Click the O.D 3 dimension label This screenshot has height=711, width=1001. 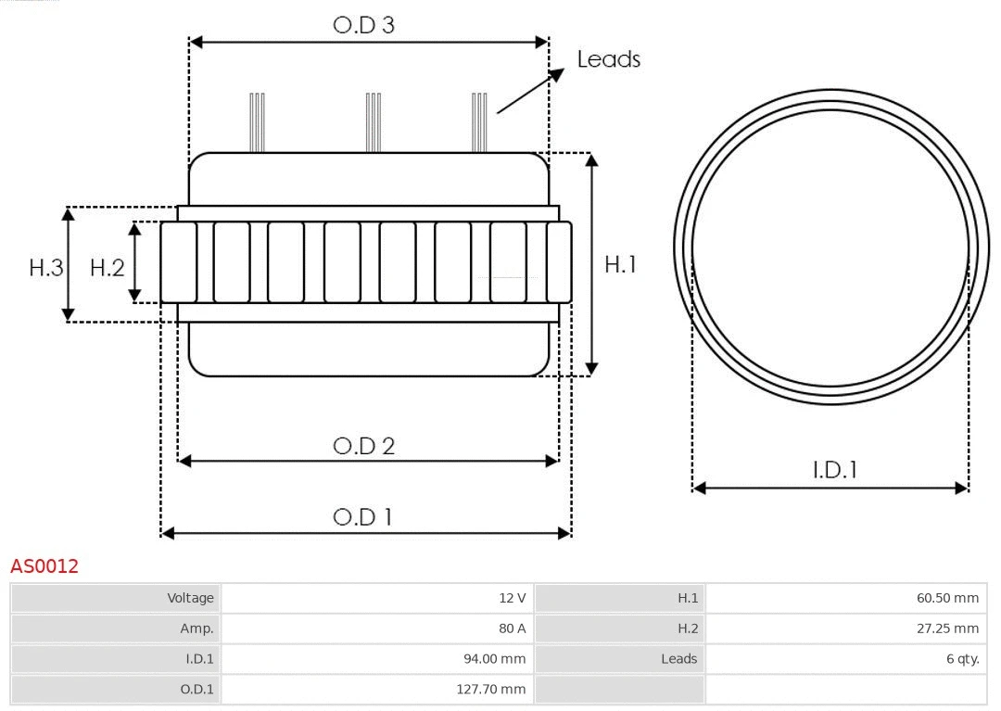(363, 25)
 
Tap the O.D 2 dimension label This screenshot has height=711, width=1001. (363, 446)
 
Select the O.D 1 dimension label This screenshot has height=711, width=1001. (362, 516)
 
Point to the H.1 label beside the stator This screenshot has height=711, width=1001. (620, 264)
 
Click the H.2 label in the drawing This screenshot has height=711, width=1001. (107, 268)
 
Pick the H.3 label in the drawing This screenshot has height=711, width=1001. (45, 268)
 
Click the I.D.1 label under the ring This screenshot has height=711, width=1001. (834, 470)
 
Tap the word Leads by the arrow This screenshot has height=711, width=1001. (608, 59)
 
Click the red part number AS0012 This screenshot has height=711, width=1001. (44, 565)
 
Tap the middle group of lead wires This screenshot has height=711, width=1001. (374, 122)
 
